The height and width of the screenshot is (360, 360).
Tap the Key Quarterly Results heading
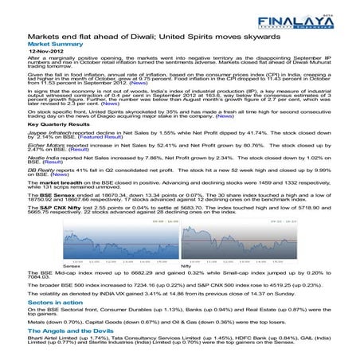coord(59,126)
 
